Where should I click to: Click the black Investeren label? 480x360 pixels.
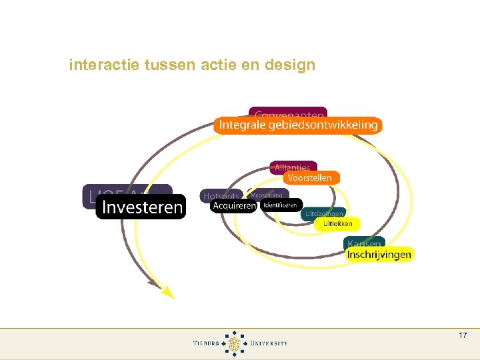[141, 207]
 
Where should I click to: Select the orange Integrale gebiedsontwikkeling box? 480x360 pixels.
[298, 125]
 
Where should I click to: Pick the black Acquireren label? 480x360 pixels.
[233, 206]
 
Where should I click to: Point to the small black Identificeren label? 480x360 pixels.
[281, 205]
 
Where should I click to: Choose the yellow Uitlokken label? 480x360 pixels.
[337, 224]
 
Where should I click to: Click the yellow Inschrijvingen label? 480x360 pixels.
[379, 254]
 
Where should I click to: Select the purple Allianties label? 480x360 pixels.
[293, 167]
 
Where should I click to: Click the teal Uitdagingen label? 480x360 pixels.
[323, 213]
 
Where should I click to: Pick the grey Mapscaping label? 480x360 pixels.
[267, 195]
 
